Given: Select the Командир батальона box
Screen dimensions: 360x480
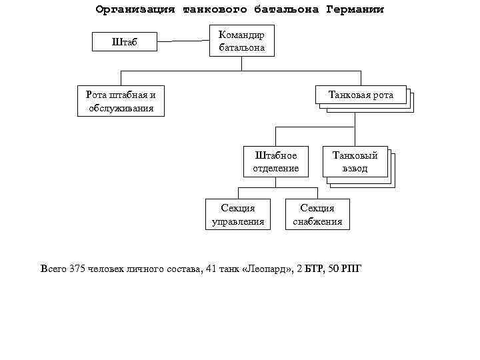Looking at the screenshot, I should pos(241,41).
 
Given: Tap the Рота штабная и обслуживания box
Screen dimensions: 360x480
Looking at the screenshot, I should pos(121,101).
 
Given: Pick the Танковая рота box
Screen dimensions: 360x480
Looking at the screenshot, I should pos(361,95).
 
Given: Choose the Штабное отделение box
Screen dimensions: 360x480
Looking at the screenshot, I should pos(275,162).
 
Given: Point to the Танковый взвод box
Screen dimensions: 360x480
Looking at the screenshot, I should pos(355,161).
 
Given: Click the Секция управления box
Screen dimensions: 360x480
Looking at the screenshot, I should pos(237,215).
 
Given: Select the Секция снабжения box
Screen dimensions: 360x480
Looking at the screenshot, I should pos(317,215).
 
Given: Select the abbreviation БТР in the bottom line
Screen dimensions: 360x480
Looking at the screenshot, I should pos(314,269).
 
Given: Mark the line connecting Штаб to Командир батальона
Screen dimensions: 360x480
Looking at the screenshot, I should pos(182,41).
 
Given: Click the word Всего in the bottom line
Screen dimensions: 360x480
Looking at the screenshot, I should pos(53,269).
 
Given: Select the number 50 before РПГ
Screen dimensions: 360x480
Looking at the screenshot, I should pos(334,269).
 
